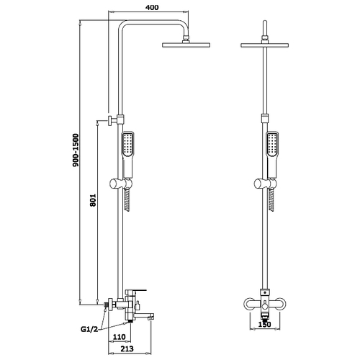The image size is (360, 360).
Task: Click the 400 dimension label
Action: click(x=152, y=7)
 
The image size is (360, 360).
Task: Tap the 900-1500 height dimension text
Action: click(x=76, y=150)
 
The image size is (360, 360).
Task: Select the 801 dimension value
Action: click(x=93, y=200)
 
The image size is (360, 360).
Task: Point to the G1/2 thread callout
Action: click(x=89, y=329)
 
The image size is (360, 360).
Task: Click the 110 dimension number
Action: click(x=120, y=337)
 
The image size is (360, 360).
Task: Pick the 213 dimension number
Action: click(x=127, y=348)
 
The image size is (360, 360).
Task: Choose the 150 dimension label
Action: click(x=264, y=324)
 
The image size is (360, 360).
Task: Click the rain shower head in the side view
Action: click(x=186, y=45)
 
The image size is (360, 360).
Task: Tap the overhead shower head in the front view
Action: click(x=264, y=45)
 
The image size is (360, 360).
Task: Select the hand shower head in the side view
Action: click(x=128, y=144)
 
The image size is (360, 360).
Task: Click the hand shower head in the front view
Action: click(x=272, y=144)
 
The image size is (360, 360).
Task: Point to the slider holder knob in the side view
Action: click(x=114, y=184)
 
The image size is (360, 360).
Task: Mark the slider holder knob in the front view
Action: click(x=258, y=184)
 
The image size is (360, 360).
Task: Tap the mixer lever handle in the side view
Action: click(x=136, y=291)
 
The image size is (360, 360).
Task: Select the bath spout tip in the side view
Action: click(x=150, y=318)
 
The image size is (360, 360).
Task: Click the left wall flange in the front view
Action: click(x=250, y=304)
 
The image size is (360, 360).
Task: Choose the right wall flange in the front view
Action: click(x=279, y=304)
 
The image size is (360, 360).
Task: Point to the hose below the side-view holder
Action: click(x=127, y=200)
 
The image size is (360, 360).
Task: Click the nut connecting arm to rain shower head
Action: click(x=186, y=39)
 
